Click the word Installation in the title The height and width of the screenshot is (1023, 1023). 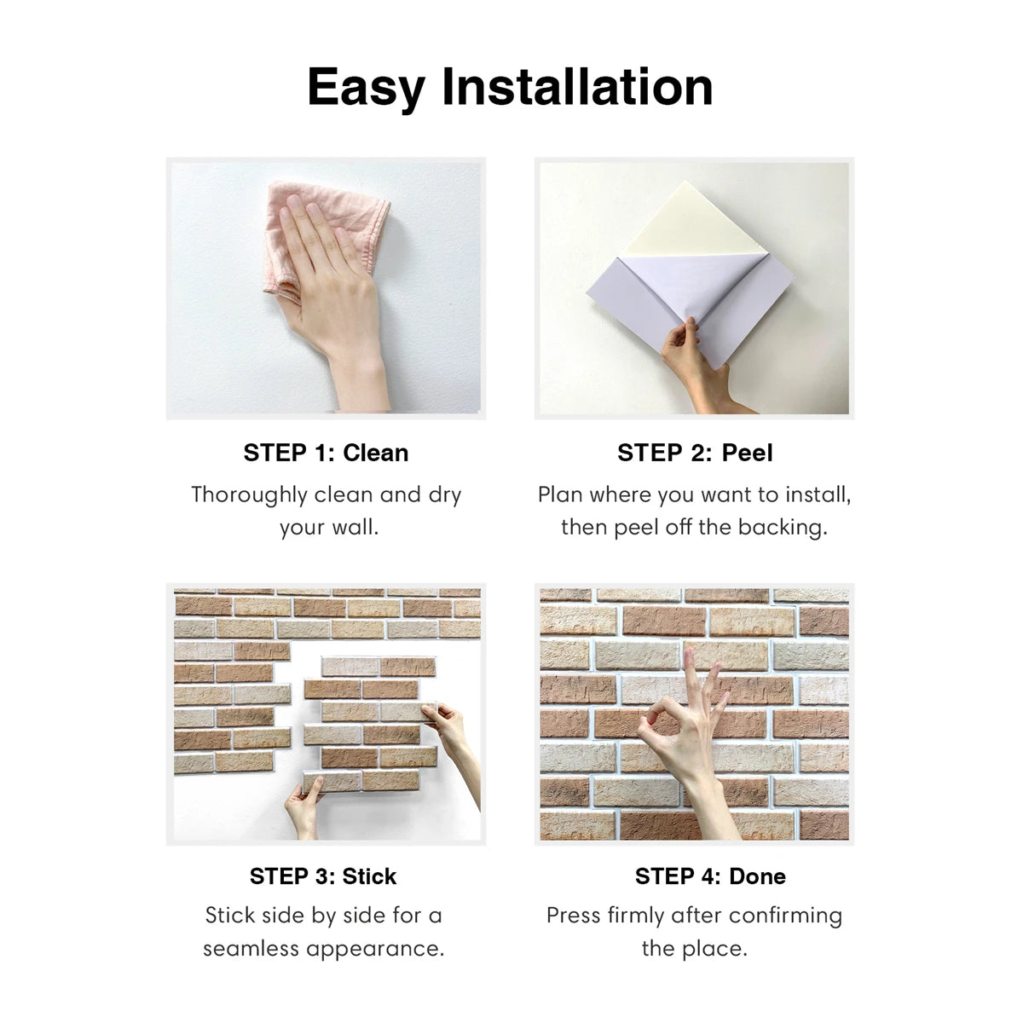pyautogui.click(x=577, y=87)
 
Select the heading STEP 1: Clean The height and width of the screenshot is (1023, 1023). pyautogui.click(x=326, y=453)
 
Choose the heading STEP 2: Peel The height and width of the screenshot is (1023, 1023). pyautogui.click(x=695, y=453)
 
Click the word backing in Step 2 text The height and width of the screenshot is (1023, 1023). pyautogui.click(x=782, y=528)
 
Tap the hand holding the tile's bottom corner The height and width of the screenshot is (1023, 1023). pyautogui.click(x=303, y=806)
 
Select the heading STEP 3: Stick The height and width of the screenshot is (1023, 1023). pyautogui.click(x=323, y=876)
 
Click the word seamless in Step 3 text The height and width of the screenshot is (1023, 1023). pyautogui.click(x=252, y=949)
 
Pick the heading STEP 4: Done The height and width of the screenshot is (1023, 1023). pyautogui.click(x=710, y=876)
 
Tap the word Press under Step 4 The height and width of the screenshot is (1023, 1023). pyautogui.click(x=574, y=916)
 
